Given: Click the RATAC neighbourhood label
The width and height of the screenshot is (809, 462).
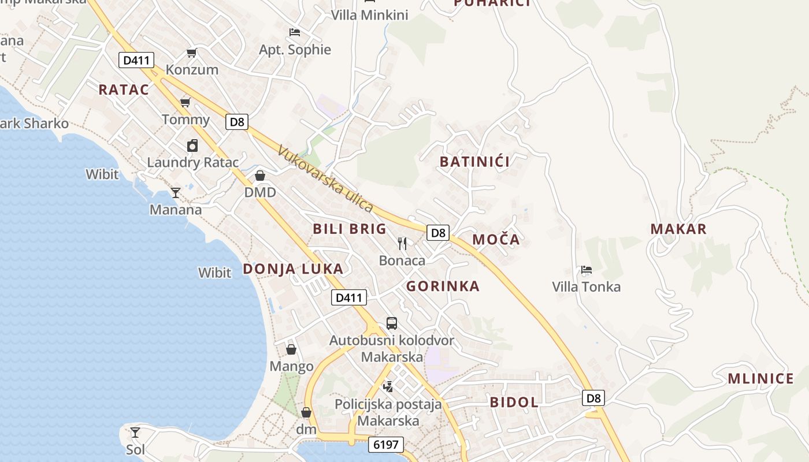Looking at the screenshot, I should [x=124, y=90].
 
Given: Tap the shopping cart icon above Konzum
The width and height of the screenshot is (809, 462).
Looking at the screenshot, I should [x=191, y=53].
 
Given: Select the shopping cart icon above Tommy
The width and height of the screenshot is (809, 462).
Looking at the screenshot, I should [x=185, y=103].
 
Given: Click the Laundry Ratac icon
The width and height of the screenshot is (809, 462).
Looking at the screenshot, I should [x=192, y=146].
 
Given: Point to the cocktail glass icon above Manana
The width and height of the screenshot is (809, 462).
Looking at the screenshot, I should [x=176, y=192].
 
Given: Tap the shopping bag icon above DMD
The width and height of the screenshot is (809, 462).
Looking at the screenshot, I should [x=260, y=176].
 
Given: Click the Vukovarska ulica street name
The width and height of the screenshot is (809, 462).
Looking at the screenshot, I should [x=325, y=178].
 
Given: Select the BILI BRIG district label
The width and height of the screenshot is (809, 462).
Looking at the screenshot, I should [x=350, y=229].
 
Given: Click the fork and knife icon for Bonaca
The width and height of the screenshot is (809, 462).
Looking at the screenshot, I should [x=402, y=243].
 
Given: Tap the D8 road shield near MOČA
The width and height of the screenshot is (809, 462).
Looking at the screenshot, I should [x=438, y=233].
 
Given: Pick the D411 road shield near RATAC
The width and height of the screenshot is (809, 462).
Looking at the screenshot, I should [x=136, y=59].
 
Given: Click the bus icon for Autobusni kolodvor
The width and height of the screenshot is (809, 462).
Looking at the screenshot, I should [x=392, y=323].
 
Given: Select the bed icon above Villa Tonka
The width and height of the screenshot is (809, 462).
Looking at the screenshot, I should [x=586, y=270].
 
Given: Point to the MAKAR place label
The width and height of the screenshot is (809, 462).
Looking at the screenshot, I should [x=678, y=229].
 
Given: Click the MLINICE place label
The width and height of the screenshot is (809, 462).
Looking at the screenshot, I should [x=760, y=379].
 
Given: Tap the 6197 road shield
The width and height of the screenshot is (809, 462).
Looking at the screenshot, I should [x=386, y=444].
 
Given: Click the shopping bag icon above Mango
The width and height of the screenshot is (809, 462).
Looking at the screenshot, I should [x=291, y=349].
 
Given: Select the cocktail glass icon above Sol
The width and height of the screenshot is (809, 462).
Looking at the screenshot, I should [x=135, y=432].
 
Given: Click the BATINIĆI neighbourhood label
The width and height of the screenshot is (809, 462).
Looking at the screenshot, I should [x=475, y=162].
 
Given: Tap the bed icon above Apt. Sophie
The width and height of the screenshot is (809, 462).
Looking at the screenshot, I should [x=295, y=32].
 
